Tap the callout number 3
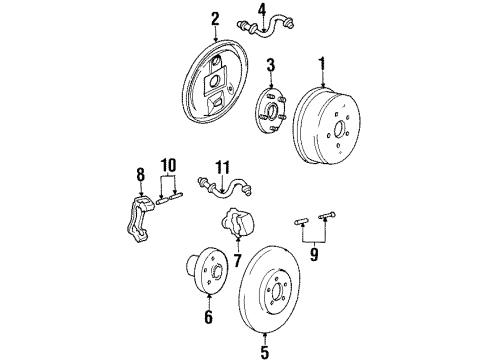[x=270, y=66]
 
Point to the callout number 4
[x=261, y=11]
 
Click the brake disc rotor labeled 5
[x=290, y=296]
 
